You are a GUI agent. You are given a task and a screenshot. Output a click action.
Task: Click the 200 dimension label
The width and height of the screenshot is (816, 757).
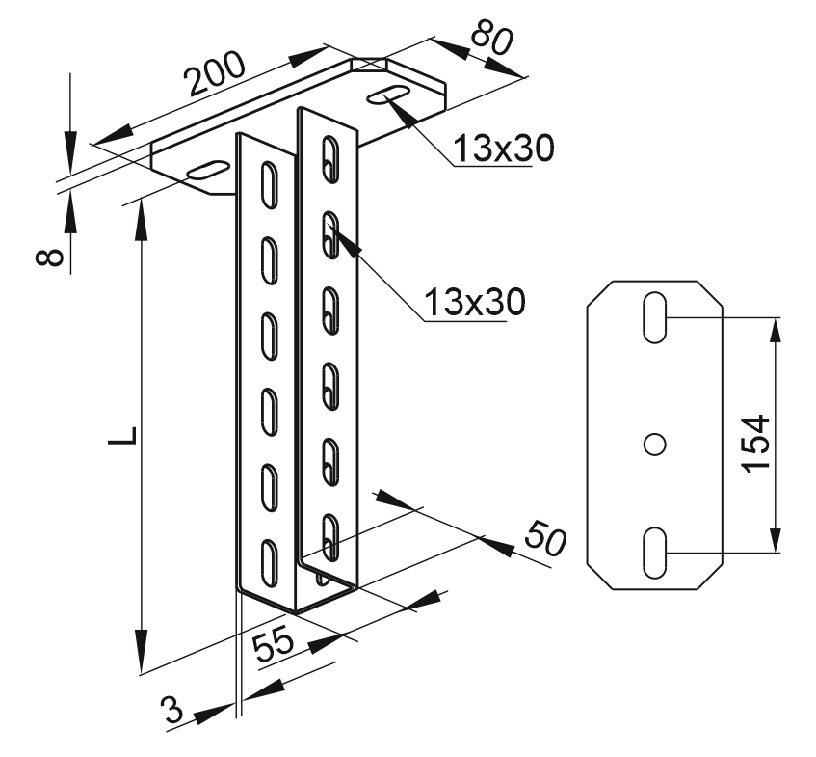[216, 74]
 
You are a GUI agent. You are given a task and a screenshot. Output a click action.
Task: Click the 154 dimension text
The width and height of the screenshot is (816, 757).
[758, 443]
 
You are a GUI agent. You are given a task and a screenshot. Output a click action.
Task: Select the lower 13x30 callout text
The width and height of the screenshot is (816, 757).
[476, 302]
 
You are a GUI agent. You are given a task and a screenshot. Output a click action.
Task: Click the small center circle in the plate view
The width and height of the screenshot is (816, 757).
[654, 444]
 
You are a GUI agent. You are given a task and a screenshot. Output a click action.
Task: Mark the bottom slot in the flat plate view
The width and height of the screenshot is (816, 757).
[654, 553]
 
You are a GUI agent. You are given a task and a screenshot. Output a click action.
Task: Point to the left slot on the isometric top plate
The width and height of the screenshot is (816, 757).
[208, 171]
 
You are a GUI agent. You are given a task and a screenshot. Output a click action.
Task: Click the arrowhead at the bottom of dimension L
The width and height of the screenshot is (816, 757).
[142, 656]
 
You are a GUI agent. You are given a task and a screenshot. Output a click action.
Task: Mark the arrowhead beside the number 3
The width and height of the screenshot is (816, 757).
[215, 714]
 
